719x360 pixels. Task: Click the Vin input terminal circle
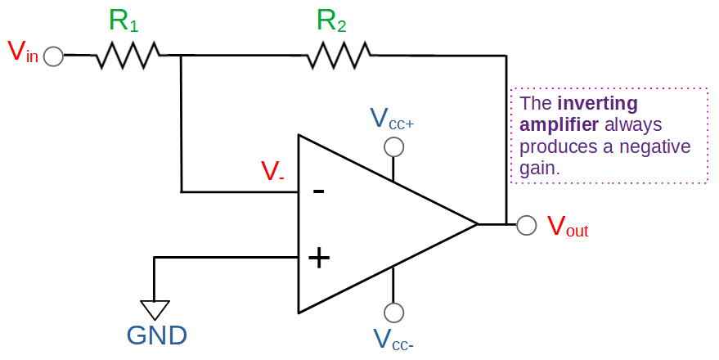[53, 56]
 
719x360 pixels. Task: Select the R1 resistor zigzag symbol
[129, 56]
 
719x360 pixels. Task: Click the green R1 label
[124, 21]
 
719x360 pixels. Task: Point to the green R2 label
[331, 21]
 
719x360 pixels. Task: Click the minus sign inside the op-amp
[318, 192]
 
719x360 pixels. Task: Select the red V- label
[272, 171]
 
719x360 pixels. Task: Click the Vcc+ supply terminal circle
[393, 146]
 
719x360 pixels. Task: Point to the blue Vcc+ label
[392, 119]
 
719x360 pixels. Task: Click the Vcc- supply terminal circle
[393, 313]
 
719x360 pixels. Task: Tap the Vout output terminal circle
[526, 223]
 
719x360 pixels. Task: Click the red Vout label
[567, 227]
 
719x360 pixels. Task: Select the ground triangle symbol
[154, 309]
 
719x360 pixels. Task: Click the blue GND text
[156, 335]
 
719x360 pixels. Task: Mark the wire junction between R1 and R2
[180, 56]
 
